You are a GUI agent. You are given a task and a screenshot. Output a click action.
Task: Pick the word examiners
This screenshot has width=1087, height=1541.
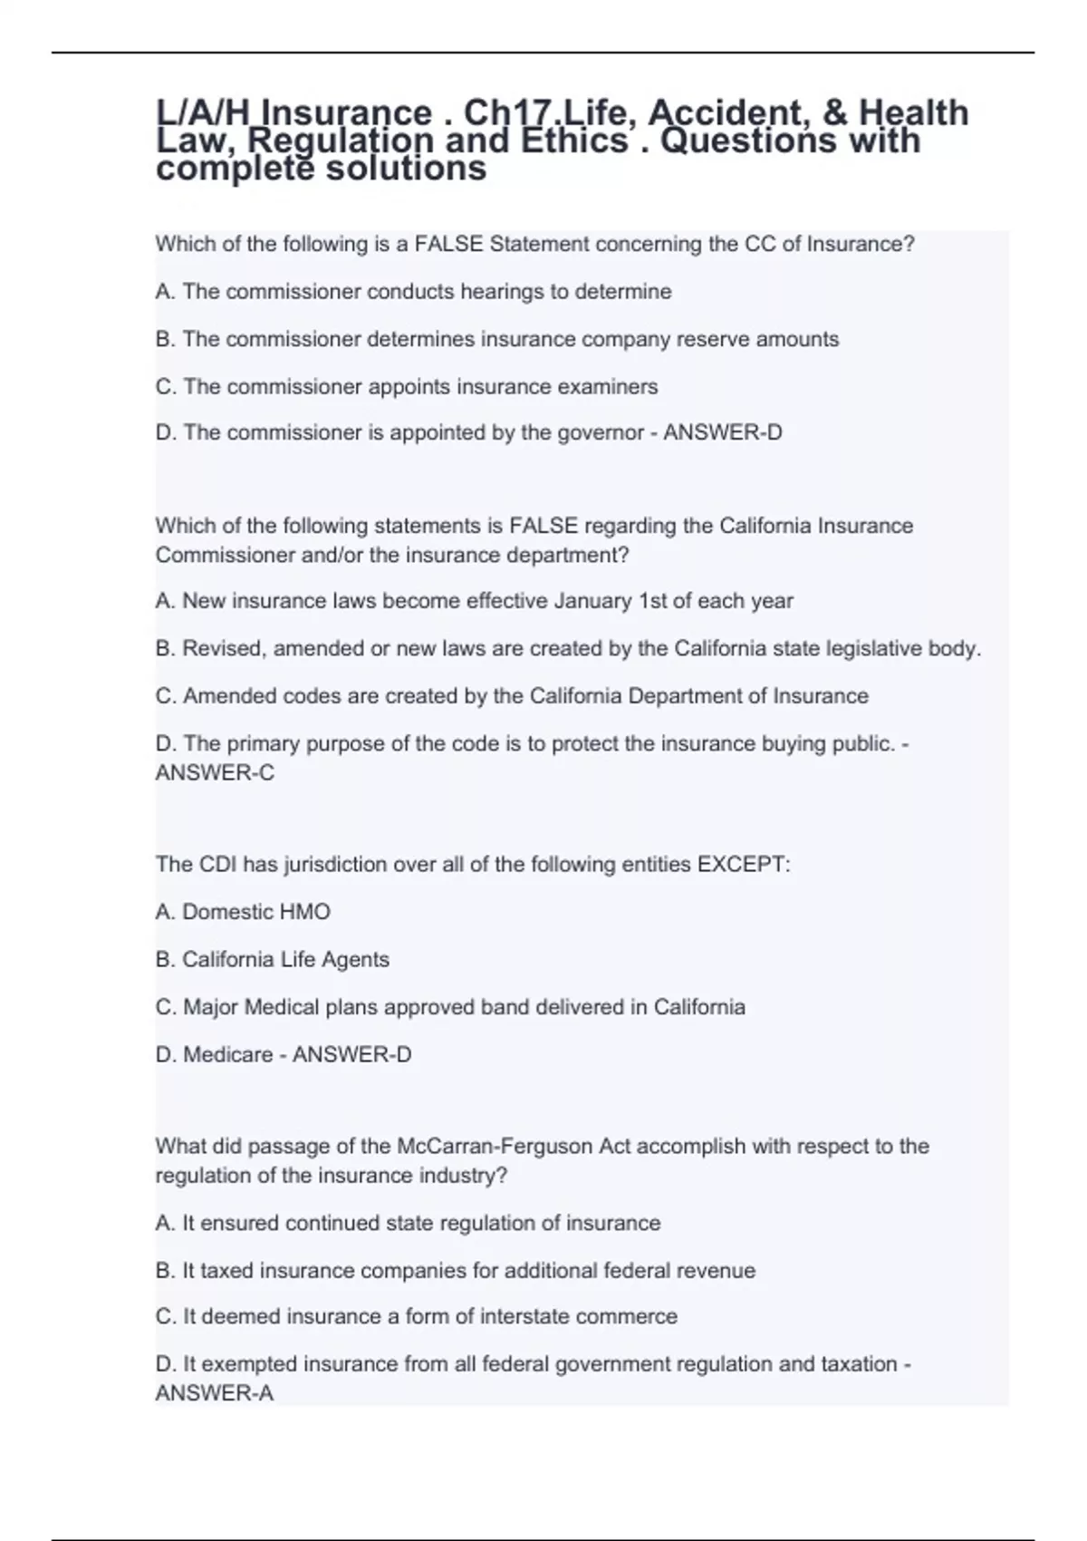click(x=607, y=386)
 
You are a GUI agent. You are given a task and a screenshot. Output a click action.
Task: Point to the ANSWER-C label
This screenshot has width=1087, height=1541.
click(x=215, y=773)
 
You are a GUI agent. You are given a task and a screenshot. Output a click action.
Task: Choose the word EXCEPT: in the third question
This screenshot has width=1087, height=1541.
click(x=743, y=864)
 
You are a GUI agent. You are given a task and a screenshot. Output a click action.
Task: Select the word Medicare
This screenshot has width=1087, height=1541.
click(x=216, y=1054)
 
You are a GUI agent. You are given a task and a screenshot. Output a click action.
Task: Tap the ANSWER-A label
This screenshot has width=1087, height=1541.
click(x=214, y=1393)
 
